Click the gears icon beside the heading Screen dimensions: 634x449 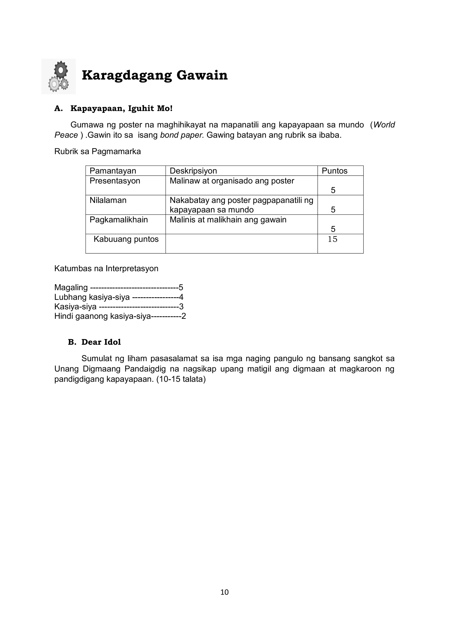click(x=58, y=76)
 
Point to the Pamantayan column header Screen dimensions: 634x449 click(x=113, y=171)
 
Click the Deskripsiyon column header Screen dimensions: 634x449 click(x=193, y=171)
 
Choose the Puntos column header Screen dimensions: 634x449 click(x=334, y=171)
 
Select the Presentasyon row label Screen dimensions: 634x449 click(x=115, y=181)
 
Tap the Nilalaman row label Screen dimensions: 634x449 click(x=108, y=200)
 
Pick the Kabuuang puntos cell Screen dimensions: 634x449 click(x=126, y=239)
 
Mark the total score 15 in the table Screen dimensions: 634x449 click(x=332, y=239)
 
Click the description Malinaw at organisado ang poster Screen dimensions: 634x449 click(x=232, y=181)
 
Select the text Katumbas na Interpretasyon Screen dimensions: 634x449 click(x=106, y=268)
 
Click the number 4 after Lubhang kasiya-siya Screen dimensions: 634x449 click(x=181, y=297)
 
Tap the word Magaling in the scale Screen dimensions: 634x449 click(x=71, y=288)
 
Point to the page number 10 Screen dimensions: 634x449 click(x=224, y=592)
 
